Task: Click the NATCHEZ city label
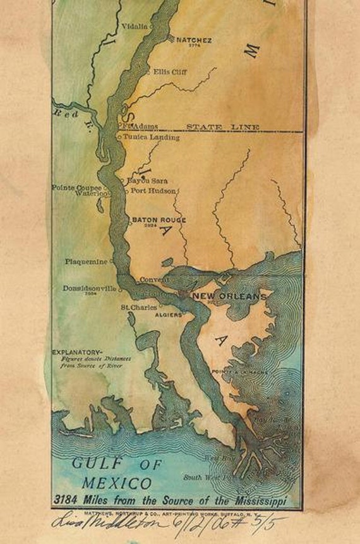coord(194,39)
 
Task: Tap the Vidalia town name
coord(136,27)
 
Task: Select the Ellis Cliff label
coord(169,71)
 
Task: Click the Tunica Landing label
coord(151,136)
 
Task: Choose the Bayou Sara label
coord(148,181)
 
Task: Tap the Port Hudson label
coord(153,190)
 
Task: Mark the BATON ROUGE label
coord(159,220)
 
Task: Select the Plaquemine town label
coord(87,261)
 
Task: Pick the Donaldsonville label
coord(90,288)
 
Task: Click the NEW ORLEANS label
coord(229,296)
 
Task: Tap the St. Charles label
coord(139,308)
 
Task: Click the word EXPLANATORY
coord(76,351)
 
